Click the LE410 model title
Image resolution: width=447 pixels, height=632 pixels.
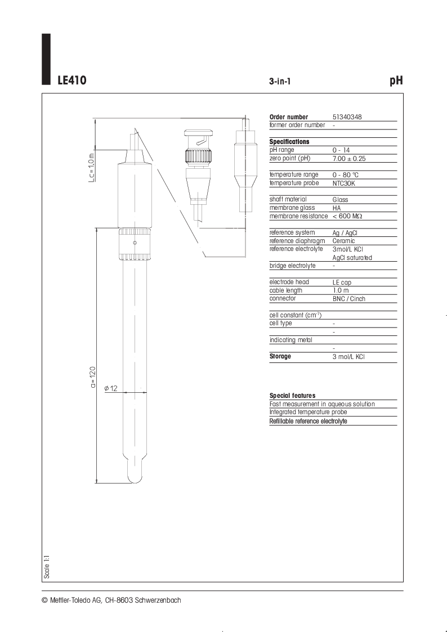tap(71, 80)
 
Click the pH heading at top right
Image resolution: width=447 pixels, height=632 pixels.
tap(396, 80)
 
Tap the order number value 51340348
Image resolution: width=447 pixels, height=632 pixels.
tap(347, 117)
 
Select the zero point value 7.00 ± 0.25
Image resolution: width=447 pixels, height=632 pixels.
tap(348, 159)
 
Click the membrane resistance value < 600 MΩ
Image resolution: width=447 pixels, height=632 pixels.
tap(347, 216)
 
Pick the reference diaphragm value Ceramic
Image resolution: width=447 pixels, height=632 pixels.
tap(343, 241)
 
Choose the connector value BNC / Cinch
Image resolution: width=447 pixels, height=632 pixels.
tap(348, 299)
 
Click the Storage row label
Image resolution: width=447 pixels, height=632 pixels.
tap(280, 356)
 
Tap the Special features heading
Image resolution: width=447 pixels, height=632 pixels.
tap(292, 396)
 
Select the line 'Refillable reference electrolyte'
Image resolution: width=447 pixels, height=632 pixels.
tap(308, 421)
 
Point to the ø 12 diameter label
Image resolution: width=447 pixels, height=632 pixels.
tap(111, 388)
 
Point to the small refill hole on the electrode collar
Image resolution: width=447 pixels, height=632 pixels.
tap(135, 243)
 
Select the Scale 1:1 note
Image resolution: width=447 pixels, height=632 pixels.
tap(47, 567)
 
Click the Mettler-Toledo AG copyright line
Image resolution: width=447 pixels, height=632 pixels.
tap(111, 600)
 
